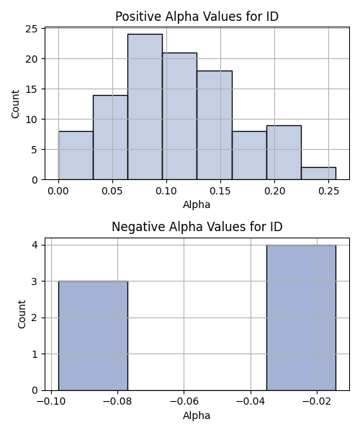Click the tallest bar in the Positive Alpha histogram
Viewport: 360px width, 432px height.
pyautogui.click(x=145, y=107)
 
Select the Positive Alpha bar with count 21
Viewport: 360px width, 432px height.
pyautogui.click(x=179, y=116)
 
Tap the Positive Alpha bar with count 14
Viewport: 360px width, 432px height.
pyautogui.click(x=110, y=138)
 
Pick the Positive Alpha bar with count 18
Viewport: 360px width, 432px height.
pyautogui.click(x=215, y=125)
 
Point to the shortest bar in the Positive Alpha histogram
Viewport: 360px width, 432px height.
pyautogui.click(x=318, y=174)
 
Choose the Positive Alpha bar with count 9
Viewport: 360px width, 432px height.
pyautogui.click(x=284, y=153)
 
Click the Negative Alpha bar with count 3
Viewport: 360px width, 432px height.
pyautogui.click(x=93, y=336)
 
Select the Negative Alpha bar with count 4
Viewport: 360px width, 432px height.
pyautogui.click(x=301, y=318)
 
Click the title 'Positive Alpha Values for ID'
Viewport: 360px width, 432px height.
pyautogui.click(x=197, y=17)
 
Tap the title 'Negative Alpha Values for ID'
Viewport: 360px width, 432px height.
pyautogui.click(x=197, y=227)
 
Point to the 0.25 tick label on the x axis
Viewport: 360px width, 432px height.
pyautogui.click(x=328, y=191)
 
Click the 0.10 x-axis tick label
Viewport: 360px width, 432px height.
pyautogui.click(x=166, y=191)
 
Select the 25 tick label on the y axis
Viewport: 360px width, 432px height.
pyautogui.click(x=32, y=29)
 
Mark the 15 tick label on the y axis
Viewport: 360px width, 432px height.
pyautogui.click(x=32, y=89)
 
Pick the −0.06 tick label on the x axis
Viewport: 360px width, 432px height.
pyautogui.click(x=184, y=402)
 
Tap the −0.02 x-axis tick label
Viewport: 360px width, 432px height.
pyautogui.click(x=317, y=402)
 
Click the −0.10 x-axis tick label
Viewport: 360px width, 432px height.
pyautogui.click(x=51, y=402)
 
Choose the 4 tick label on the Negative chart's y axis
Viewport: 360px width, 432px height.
pyautogui.click(x=35, y=245)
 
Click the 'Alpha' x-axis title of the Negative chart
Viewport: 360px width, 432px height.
pyautogui.click(x=197, y=415)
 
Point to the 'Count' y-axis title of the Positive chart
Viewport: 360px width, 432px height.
pyautogui.click(x=15, y=104)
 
